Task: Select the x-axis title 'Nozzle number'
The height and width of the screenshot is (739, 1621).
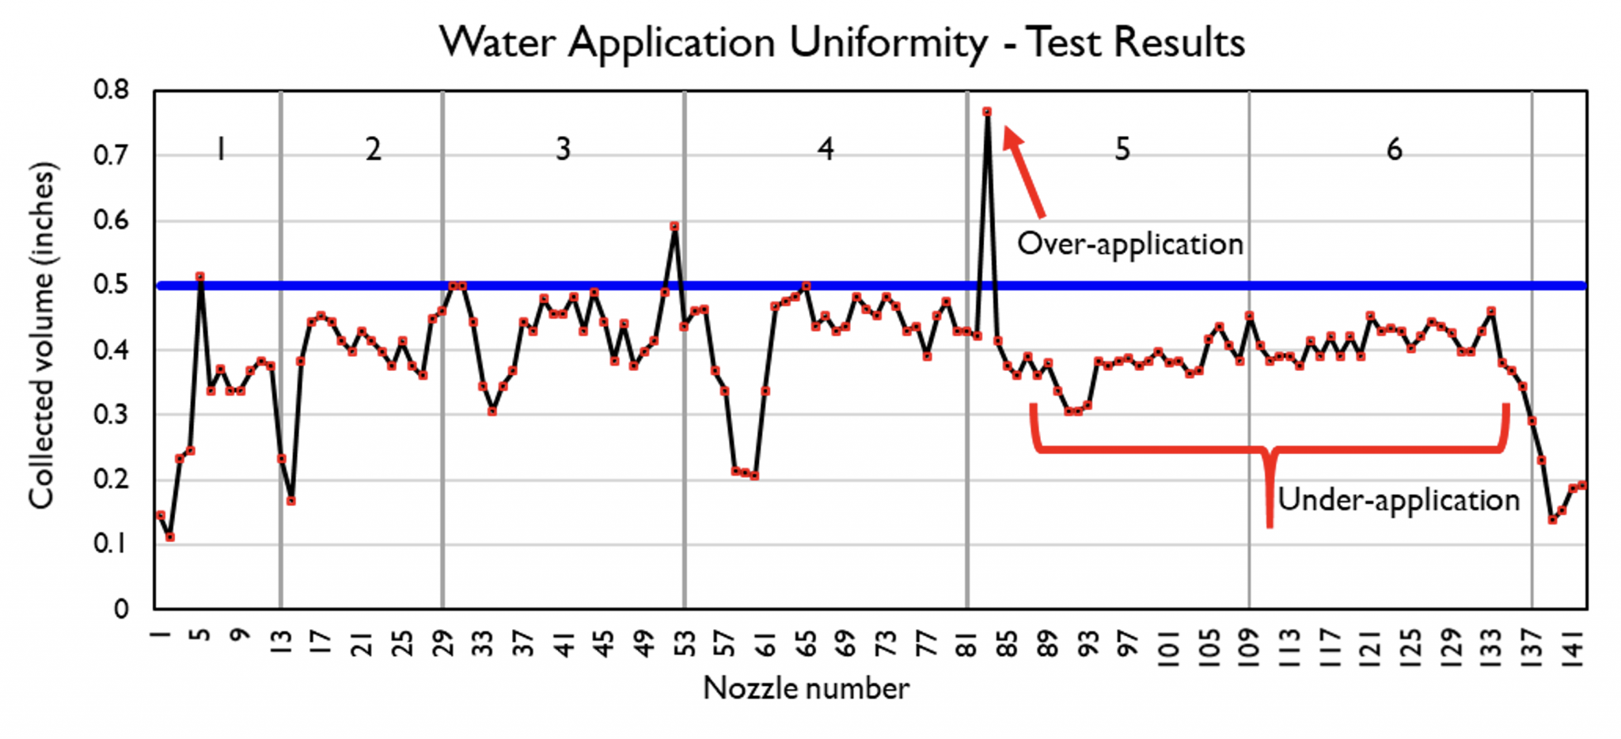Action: click(x=806, y=688)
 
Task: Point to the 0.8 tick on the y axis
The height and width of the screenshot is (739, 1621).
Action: click(x=112, y=90)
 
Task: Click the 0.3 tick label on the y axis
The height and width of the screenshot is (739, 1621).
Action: click(x=112, y=415)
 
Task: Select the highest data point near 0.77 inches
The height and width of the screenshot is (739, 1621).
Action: click(x=987, y=112)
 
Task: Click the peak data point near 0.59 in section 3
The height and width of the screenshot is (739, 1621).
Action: click(x=674, y=226)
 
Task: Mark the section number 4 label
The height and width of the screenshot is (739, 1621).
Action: click(x=826, y=149)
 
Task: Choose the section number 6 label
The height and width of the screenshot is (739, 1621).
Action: click(x=1394, y=149)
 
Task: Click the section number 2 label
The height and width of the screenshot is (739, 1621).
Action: click(x=373, y=149)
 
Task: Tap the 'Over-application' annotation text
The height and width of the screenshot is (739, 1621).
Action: click(x=1129, y=244)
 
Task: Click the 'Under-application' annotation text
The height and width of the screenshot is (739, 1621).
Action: click(x=1399, y=500)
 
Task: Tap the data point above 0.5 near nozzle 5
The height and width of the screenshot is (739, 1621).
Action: click(x=200, y=276)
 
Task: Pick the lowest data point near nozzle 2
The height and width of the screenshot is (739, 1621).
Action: click(x=170, y=537)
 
